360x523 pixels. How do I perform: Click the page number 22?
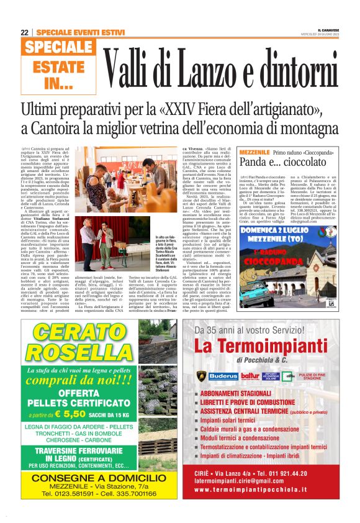pyautogui.click(x=24, y=32)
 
